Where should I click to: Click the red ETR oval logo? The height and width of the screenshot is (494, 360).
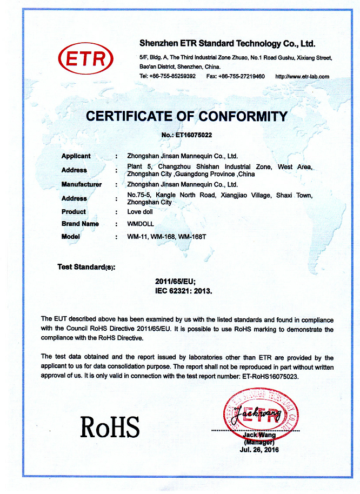pyautogui.click(x=86, y=59)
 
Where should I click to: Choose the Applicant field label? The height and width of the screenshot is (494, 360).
pyautogui.click(x=76, y=156)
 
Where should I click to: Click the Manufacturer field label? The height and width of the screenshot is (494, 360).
pyautogui.click(x=81, y=184)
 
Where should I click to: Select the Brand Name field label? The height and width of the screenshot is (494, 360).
pyautogui.click(x=80, y=224)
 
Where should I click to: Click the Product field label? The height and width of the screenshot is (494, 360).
pyautogui.click(x=74, y=212)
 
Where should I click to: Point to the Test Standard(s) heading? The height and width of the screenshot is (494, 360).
pyautogui.click(x=86, y=267)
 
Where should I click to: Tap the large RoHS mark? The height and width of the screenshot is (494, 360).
pyautogui.click(x=110, y=426)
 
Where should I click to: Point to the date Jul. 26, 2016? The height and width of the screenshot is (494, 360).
pyautogui.click(x=261, y=450)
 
